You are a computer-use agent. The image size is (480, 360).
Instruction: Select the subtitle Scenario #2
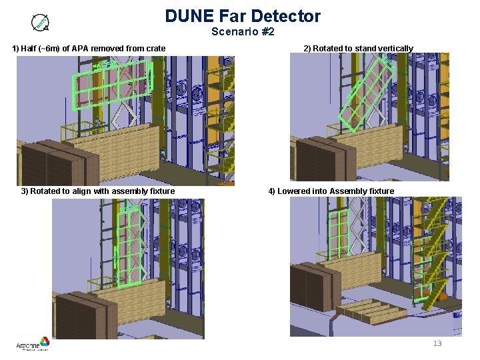coord(243,31)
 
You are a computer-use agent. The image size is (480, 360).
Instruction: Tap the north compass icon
coord(41,23)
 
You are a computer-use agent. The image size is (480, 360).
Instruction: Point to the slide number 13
coord(437,343)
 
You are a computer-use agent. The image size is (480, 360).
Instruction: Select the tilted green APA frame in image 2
coord(366,93)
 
